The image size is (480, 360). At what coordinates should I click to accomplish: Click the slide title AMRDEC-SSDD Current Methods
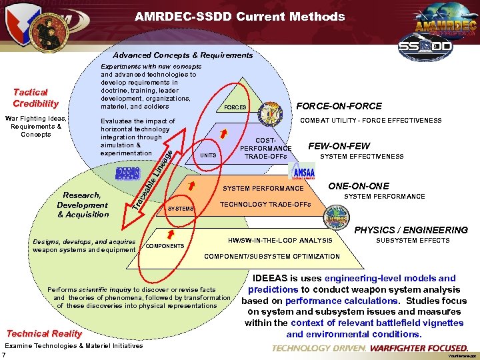pos(239,17)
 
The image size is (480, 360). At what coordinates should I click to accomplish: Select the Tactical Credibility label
pos(35,98)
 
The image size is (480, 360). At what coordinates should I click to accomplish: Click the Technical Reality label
pos(44,333)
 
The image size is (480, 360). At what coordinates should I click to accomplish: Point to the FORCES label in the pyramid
pos(235,107)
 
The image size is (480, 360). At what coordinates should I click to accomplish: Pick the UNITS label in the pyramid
pos(208,155)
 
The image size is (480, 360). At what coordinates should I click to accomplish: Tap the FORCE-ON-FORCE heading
pos(339,106)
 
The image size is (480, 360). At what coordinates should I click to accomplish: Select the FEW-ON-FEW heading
pos(339,146)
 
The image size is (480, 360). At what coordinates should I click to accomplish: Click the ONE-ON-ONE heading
pos(359,186)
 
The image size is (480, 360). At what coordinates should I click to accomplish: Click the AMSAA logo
pos(300,172)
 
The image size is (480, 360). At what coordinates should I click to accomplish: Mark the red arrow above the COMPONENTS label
pos(171,233)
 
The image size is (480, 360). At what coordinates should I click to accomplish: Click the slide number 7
pos(4,355)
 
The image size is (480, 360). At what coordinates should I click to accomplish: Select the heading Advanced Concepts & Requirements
pos(183,55)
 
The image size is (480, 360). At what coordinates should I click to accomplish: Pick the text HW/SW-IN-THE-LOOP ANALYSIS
pos(280,240)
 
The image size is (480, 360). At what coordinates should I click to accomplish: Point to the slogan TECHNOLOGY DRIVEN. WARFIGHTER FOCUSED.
pos(370,348)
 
